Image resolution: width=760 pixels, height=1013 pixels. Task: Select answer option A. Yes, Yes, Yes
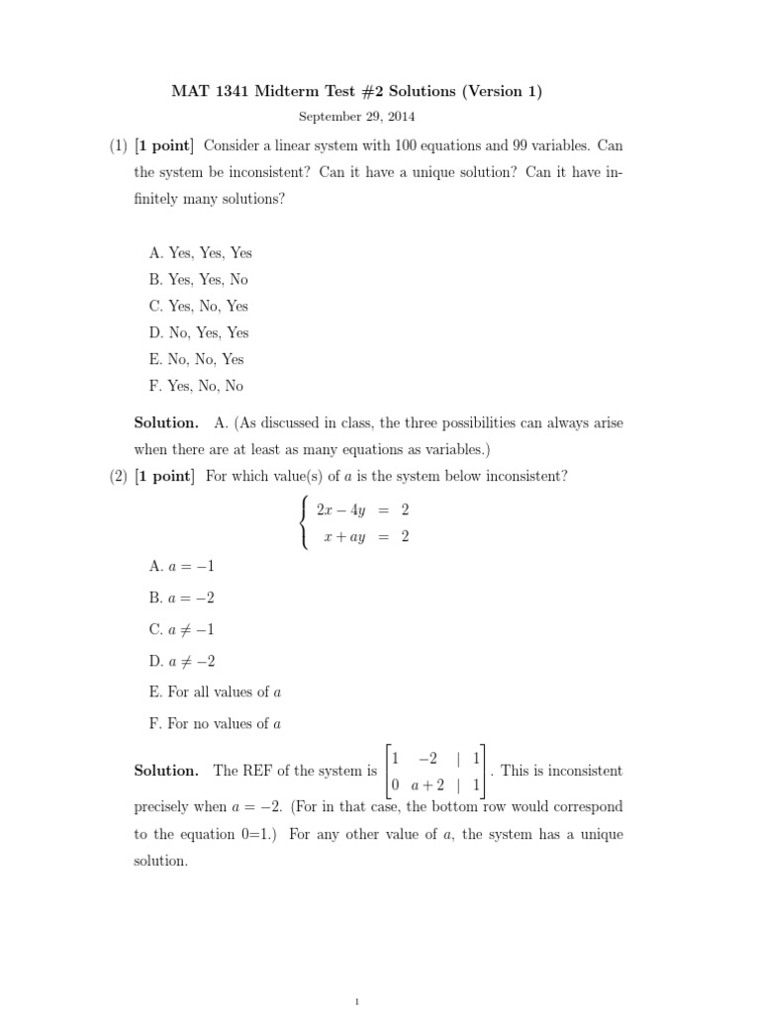coord(201,252)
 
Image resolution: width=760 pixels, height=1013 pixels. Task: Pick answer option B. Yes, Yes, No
coord(199,279)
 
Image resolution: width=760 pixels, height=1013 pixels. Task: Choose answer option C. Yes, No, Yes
coord(199,306)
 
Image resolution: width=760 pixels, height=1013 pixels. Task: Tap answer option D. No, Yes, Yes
coord(199,332)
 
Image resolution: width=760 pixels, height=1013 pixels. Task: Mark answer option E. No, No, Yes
coord(197,359)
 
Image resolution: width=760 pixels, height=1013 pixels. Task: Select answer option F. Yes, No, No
coord(196,386)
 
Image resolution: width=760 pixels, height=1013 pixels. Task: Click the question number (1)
coord(119,145)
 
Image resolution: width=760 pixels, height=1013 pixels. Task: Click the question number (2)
coord(119,476)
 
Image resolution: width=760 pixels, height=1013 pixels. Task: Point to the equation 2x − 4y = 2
coord(362,510)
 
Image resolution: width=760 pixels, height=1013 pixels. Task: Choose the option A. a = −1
coord(182,566)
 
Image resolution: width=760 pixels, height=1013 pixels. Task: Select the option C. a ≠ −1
coord(182,628)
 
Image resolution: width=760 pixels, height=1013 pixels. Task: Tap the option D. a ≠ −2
coord(182,660)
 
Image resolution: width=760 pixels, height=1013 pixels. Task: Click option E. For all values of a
coord(216,691)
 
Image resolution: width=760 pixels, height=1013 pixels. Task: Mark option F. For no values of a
coord(216,723)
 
